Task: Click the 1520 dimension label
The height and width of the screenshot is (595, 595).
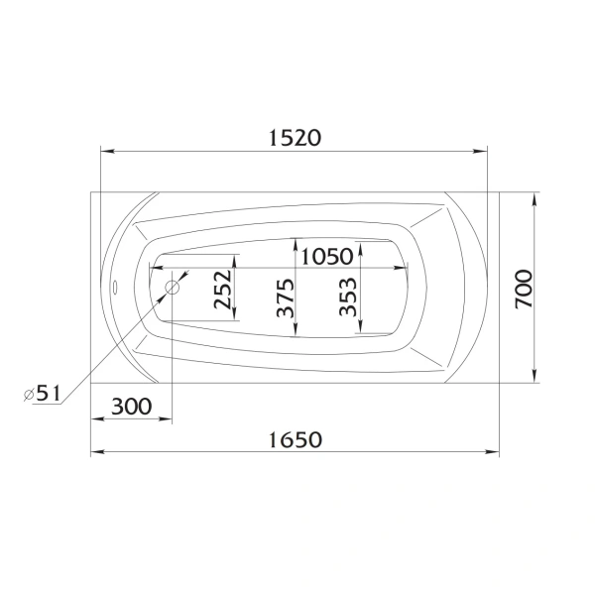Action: [x=295, y=138]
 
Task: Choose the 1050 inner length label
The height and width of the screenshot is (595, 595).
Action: [x=326, y=256]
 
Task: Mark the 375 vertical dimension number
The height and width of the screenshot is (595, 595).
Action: [x=285, y=297]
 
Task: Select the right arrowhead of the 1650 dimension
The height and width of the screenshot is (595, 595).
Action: [x=494, y=452]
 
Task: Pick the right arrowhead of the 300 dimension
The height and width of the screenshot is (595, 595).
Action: [x=167, y=419]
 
